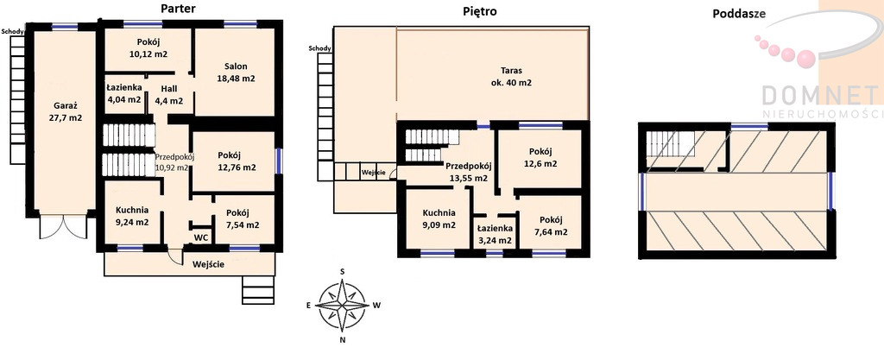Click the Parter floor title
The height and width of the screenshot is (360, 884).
(178, 8)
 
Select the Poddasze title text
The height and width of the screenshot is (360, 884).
(739, 14)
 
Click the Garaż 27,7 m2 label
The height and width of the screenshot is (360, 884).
(65, 111)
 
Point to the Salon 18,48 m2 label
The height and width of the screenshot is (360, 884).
(236, 73)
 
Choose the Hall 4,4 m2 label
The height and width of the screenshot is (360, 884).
(169, 95)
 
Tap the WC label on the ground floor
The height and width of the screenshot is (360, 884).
(201, 237)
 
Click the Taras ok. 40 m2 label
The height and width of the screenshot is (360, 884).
(511, 77)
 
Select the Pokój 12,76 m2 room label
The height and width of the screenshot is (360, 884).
(237, 161)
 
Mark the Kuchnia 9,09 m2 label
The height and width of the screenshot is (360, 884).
(439, 219)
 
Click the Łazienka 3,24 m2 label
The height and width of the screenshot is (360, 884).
(495, 234)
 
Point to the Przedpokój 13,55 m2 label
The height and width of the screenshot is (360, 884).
(469, 172)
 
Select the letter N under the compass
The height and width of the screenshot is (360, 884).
(342, 340)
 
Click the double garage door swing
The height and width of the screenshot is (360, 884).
(63, 227)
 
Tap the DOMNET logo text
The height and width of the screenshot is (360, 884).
(821, 95)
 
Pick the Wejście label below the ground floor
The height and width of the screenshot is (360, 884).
(208, 263)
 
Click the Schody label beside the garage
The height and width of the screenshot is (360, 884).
(12, 32)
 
